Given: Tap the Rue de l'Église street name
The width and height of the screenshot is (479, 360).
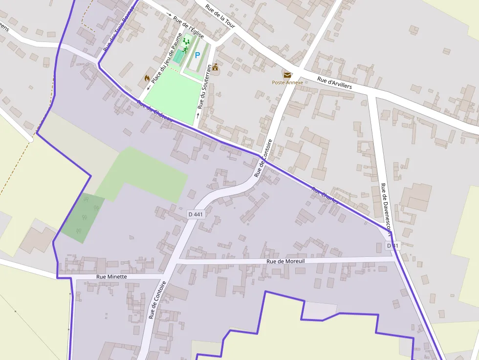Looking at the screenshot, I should coord(188,27).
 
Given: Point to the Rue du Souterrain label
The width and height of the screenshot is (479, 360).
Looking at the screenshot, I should coord(205,86).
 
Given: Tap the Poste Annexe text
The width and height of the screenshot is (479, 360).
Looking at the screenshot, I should coord(287,83).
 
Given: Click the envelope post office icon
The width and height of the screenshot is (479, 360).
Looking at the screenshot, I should coord(287,75).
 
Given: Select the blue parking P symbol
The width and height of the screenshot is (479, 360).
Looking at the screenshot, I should coord(197,56).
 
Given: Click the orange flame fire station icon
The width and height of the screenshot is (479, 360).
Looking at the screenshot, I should coord(147,78).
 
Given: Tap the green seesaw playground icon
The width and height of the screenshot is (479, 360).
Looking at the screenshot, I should coord(186,42).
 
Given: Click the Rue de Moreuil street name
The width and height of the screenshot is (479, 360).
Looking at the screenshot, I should coord(286,262).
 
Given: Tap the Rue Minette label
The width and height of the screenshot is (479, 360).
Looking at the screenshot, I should coord(111,276).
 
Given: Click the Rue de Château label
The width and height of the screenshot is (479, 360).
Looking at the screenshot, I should coord(155,112).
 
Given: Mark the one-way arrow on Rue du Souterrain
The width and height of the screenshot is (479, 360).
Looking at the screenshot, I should coord(197,115).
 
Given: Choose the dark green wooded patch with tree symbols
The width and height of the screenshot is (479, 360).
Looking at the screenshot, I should coord(83,218).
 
